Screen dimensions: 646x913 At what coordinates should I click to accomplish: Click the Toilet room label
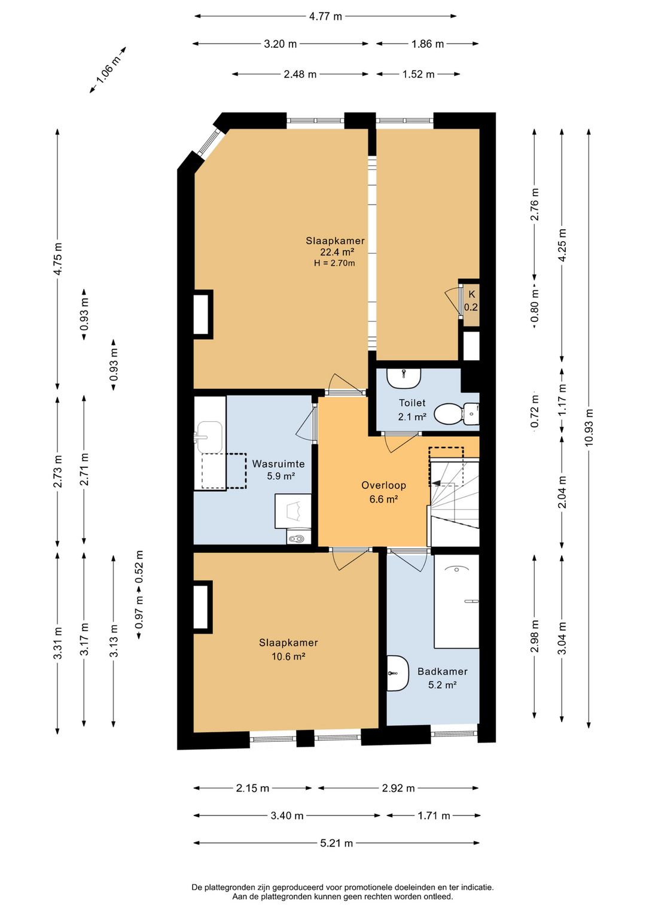412,403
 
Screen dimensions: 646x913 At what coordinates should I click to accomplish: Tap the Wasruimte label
278,464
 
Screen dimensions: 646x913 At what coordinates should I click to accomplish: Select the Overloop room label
383,485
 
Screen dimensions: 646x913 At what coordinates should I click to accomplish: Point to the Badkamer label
442,671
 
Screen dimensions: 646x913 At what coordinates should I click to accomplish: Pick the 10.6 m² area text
288,656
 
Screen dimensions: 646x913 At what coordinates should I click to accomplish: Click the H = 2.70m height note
334,263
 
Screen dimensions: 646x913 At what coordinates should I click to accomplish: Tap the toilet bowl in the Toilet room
456,414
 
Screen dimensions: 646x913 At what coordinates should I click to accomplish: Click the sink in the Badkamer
397,673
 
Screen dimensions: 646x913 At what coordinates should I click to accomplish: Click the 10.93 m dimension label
589,428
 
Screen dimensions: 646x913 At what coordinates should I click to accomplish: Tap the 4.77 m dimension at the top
325,17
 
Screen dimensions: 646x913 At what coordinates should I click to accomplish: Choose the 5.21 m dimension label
336,843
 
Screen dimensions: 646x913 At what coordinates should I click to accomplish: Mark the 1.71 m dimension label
434,815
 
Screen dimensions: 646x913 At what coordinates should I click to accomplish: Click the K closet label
471,294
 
